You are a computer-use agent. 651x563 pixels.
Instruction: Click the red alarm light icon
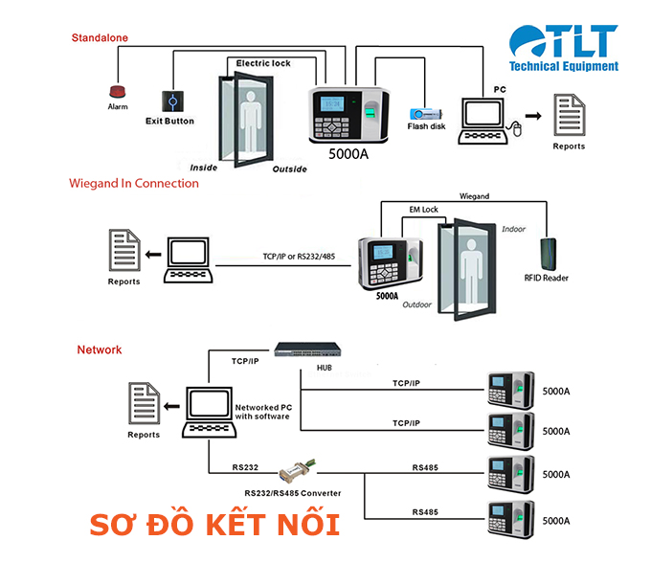click(x=118, y=92)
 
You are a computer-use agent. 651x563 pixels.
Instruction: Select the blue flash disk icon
click(x=425, y=111)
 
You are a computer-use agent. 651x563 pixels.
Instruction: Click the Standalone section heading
click(x=100, y=38)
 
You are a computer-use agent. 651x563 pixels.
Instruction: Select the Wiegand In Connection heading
click(x=134, y=183)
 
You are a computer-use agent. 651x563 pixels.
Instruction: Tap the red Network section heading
click(x=100, y=350)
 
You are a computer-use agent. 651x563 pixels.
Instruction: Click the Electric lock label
click(x=263, y=63)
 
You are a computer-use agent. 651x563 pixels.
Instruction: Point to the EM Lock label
click(x=423, y=209)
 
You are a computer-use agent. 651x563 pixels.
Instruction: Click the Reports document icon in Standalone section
click(x=568, y=116)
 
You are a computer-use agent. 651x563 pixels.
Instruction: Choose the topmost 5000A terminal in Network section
click(x=508, y=390)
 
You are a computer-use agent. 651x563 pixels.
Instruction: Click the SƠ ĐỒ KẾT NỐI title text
click(x=214, y=526)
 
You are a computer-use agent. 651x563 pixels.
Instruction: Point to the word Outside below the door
click(x=289, y=169)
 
